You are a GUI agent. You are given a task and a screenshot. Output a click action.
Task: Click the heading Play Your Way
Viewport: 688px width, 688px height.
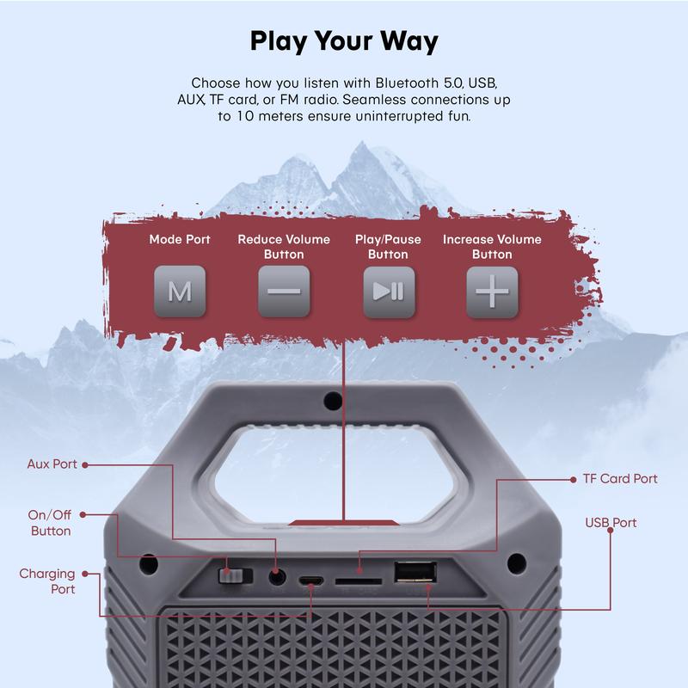[344, 41]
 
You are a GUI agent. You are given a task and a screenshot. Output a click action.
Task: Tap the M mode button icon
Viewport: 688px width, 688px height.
[179, 292]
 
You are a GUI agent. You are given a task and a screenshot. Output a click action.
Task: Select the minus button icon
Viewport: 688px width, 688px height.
[284, 292]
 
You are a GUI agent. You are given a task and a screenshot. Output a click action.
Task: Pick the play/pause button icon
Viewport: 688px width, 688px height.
[388, 292]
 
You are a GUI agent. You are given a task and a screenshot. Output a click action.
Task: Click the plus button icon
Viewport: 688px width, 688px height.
[492, 292]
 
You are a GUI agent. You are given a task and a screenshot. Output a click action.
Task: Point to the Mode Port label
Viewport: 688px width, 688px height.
[179, 239]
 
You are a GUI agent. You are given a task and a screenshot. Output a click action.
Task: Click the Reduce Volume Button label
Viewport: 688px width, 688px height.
[284, 247]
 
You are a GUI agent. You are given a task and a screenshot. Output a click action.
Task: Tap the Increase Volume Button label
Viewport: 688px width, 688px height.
[492, 247]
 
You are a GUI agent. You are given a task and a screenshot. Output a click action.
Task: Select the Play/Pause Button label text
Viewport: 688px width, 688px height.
[388, 247]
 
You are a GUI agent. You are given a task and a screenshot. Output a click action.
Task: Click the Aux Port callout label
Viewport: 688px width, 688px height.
[52, 464]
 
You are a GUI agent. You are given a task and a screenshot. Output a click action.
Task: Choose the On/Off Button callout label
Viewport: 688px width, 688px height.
[51, 523]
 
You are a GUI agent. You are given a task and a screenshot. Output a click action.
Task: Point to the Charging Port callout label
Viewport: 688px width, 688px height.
[47, 581]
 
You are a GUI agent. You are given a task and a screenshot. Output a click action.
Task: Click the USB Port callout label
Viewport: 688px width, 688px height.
[611, 523]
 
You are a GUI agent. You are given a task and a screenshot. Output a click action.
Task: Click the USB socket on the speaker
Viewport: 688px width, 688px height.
[415, 574]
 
